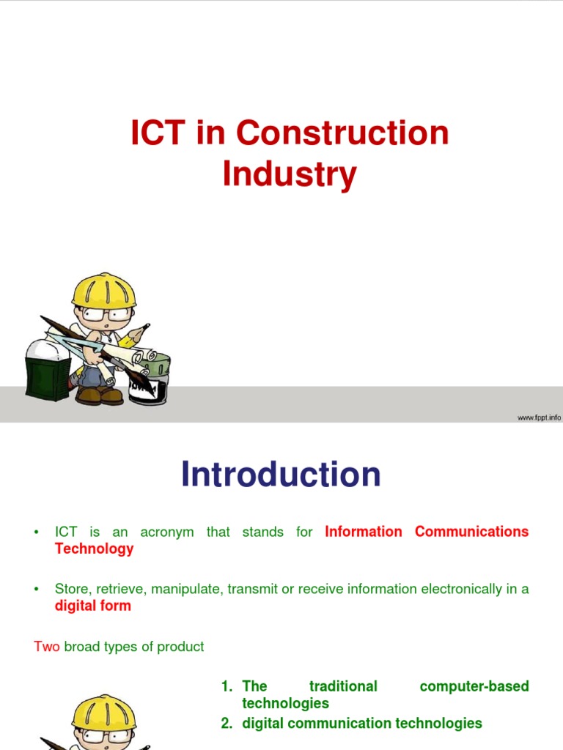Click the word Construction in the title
(x=342, y=134)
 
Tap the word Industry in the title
(x=290, y=175)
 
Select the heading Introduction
(x=281, y=475)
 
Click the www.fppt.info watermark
(x=539, y=417)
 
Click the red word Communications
(x=471, y=532)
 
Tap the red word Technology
(x=94, y=549)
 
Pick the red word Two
(x=47, y=647)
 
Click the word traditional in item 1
(x=343, y=686)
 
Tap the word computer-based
(x=474, y=686)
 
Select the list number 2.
(x=227, y=724)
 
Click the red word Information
(x=363, y=532)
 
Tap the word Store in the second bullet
(x=70, y=589)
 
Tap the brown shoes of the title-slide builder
(x=99, y=396)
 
